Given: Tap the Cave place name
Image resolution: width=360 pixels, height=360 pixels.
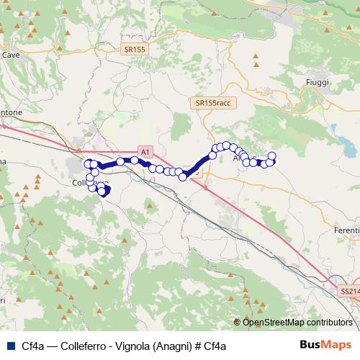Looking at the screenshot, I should click(11, 54).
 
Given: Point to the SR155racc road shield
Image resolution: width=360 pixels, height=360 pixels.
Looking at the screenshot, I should click(215, 104).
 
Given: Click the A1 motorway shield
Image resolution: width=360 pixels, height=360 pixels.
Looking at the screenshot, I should click(146, 152).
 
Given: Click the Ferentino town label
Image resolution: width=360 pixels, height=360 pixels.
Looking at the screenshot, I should click(346, 230).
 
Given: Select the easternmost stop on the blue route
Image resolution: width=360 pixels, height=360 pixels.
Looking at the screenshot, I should click(272, 156).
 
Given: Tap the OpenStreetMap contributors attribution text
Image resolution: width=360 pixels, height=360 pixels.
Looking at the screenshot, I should click(297, 322).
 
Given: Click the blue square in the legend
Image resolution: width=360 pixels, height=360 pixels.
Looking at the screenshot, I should click(10, 346).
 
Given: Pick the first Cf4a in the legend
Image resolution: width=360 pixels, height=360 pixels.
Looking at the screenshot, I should click(32, 346).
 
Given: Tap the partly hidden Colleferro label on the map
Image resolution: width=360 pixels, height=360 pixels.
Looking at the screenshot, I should click(81, 183).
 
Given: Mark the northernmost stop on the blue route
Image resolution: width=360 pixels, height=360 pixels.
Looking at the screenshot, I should click(228, 145).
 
